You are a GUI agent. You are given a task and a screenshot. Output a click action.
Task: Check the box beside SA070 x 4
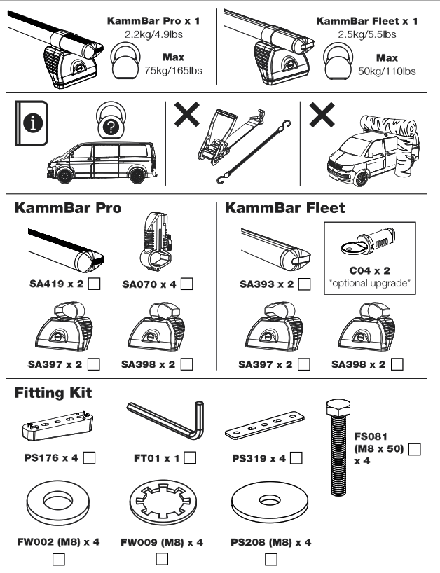186,284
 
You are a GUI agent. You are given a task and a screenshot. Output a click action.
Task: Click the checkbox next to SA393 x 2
305,284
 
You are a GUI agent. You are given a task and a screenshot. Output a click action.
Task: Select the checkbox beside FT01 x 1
189,458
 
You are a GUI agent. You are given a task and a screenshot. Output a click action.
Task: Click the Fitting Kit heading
55,395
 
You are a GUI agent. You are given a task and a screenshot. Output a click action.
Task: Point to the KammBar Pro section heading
68,209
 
